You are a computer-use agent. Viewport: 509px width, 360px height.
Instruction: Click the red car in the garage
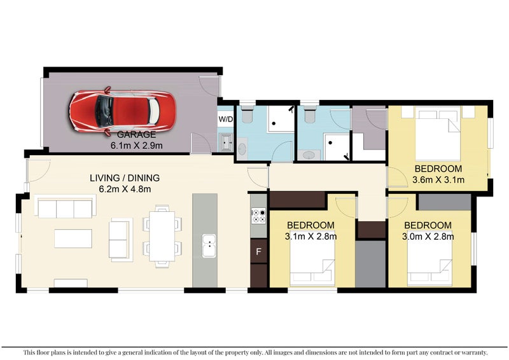[121, 111]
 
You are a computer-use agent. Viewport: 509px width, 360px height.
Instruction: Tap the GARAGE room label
[136, 135]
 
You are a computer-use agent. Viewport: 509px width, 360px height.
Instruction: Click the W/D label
[225, 119]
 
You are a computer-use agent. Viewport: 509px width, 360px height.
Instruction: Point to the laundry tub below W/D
[225, 142]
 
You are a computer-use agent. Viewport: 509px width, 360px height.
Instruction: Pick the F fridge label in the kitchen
[258, 251]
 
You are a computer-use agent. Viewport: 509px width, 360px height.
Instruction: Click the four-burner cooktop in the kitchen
[258, 216]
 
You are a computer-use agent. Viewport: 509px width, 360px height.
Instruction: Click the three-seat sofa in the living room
[65, 208]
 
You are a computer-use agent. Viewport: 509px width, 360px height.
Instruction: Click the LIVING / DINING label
[124, 178]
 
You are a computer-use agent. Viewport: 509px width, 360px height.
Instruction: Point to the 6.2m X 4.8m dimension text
[125, 189]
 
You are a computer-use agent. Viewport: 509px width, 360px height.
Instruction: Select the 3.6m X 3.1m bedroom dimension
[438, 180]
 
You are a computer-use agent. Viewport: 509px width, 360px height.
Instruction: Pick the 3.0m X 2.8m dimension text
[428, 237]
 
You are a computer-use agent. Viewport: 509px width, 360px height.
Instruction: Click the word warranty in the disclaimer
[470, 352]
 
